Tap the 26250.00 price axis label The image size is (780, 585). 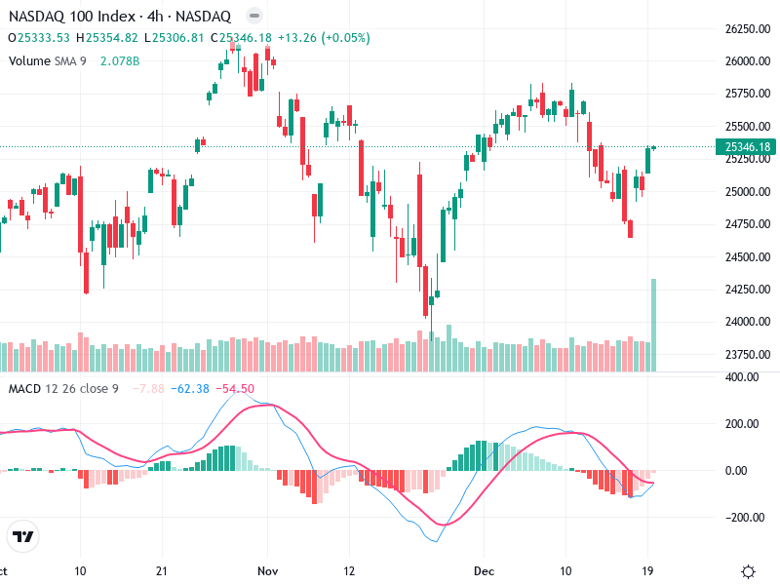[x=749, y=29]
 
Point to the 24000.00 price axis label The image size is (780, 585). [x=749, y=322]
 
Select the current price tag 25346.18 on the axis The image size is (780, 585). [x=749, y=147]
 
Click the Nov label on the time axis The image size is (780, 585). [x=268, y=570]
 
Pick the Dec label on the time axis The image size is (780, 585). [x=484, y=570]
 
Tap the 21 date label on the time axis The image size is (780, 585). [x=162, y=570]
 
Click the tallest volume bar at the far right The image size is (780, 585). [x=653, y=325]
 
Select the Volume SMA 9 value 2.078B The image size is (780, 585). [x=120, y=61]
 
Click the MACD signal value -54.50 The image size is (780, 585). [x=235, y=389]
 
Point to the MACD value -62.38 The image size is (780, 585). [x=190, y=389]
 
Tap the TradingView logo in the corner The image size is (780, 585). [x=22, y=536]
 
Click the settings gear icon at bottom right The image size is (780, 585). [x=749, y=570]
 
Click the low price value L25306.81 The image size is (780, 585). [x=177, y=38]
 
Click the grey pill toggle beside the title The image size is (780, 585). [x=253, y=17]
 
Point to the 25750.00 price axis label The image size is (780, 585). [x=749, y=95]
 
